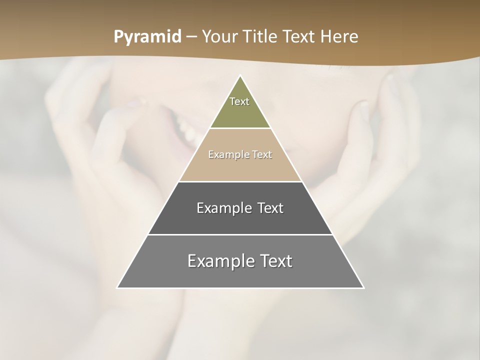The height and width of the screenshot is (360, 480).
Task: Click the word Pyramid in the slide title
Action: (x=147, y=37)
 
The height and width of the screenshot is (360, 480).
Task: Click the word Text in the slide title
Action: (x=300, y=37)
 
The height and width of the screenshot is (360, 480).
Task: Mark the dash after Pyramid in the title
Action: (x=191, y=37)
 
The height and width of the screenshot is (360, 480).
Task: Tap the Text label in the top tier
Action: (x=239, y=101)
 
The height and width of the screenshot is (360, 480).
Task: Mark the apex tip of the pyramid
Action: (x=240, y=76)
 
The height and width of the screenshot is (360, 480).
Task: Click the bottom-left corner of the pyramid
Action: (x=118, y=287)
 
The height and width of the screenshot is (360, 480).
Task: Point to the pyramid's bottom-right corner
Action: (x=363, y=287)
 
